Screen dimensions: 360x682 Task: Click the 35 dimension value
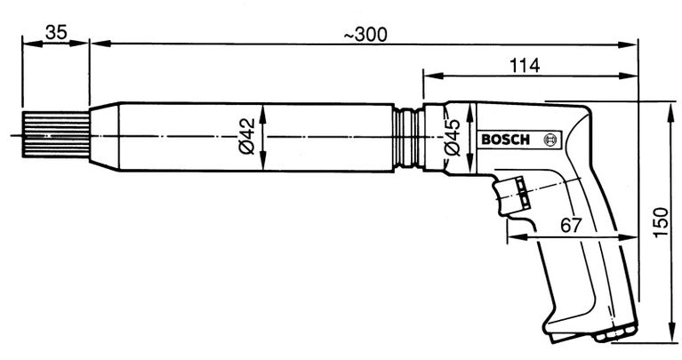56,33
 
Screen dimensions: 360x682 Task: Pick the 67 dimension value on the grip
571,225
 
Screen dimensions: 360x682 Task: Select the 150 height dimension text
659,220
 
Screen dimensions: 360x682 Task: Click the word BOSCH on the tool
503,140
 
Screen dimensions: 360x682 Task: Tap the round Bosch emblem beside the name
549,140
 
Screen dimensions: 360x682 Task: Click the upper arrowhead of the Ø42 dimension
264,106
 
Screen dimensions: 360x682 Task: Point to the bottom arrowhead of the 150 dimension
672,337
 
